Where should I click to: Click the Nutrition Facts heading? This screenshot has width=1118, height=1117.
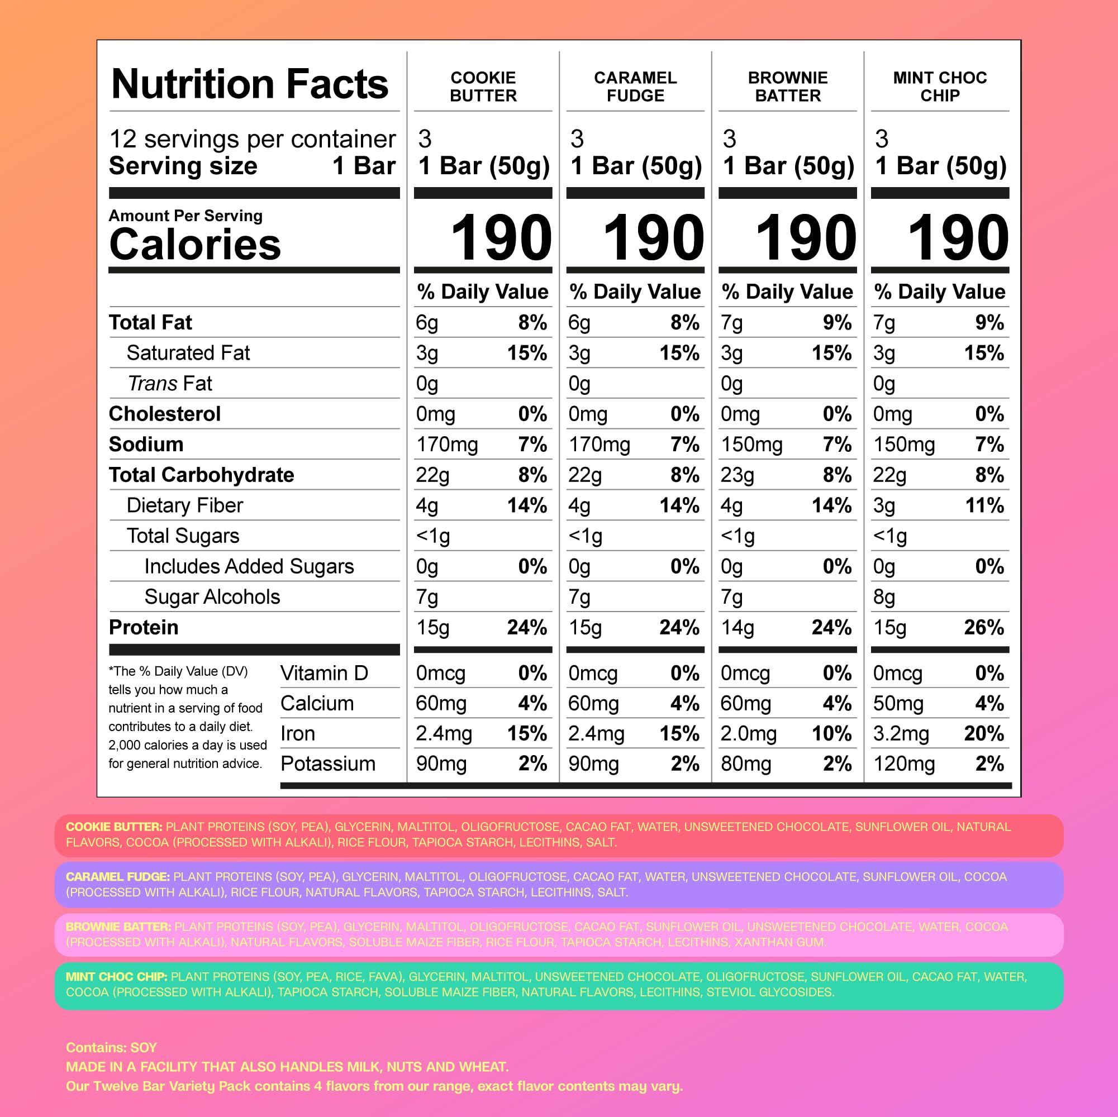pos(249,84)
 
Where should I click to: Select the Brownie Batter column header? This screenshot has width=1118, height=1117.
pos(788,87)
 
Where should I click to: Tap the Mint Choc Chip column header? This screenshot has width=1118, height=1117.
pos(940,87)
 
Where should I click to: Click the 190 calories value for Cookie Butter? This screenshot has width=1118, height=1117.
pos(501,237)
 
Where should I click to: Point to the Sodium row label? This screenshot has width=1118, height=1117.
pos(146,444)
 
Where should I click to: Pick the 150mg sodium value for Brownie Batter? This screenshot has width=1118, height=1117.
pos(751,445)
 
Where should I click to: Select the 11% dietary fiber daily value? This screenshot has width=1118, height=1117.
pos(984,505)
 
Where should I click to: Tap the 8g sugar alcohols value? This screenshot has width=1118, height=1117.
pos(884,597)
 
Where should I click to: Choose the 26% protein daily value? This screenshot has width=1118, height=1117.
pos(984,627)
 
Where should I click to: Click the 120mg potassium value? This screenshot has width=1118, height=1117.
pos(904,764)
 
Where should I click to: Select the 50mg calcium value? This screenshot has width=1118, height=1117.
pos(897,703)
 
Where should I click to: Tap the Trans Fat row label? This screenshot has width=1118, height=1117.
pos(169,384)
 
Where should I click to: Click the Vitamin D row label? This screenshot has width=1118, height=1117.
pos(324,674)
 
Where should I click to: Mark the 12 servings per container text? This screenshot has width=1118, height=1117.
pos(253,139)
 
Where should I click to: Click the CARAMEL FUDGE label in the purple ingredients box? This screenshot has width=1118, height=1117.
pos(117,877)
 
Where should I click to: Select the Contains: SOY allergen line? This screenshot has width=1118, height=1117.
pos(111,1048)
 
